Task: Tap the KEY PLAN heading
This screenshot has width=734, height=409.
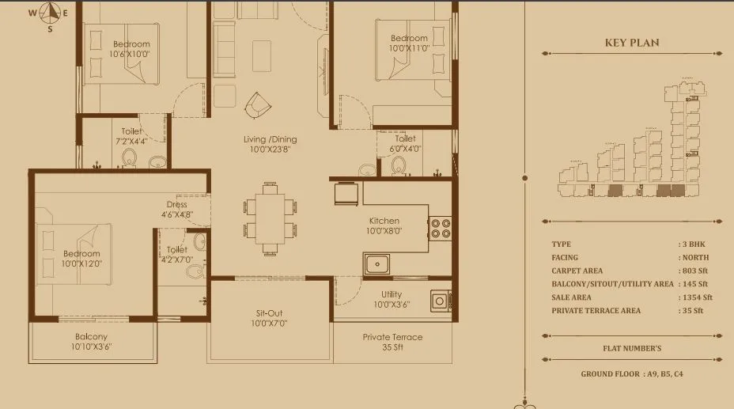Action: [x=631, y=43]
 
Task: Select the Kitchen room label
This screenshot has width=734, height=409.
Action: [x=384, y=221]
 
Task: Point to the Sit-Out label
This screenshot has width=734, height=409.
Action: [x=268, y=313]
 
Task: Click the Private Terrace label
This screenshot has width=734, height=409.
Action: [x=392, y=337]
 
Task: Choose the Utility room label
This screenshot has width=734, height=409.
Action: [x=392, y=294]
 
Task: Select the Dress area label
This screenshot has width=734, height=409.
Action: [x=177, y=205]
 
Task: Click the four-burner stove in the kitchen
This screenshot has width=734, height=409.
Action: [x=440, y=229]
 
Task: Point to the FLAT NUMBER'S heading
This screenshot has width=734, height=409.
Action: [x=631, y=348]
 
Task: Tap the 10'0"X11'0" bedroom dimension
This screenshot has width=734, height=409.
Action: [x=409, y=48]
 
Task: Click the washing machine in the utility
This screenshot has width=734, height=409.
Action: [x=440, y=301]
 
